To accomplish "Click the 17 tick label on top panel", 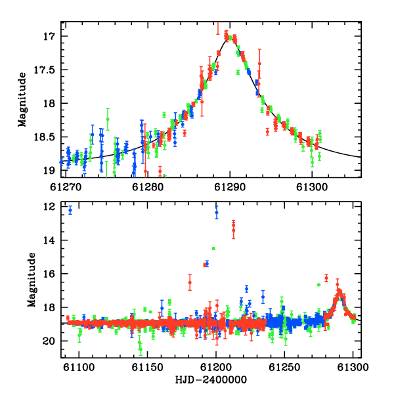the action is point(49,36).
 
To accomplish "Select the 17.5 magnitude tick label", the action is point(44,70).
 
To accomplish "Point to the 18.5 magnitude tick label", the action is point(44,137).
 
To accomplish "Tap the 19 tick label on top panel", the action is point(49,171).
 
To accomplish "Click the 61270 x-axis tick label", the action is point(66,187).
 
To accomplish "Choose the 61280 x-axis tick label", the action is point(148,187).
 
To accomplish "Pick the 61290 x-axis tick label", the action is point(230,187).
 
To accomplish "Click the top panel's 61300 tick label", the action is point(312,187).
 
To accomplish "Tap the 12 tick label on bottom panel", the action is point(49,207).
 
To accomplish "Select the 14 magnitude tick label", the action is point(49,240).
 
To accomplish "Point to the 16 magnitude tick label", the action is point(49,274).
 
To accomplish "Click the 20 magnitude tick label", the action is point(49,341).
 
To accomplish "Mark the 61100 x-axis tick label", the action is point(79,367).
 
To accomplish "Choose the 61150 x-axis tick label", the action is point(148,367).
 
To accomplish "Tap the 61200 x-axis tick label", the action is point(216,367).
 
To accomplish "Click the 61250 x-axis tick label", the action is point(284,367).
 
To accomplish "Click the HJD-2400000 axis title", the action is point(211,380).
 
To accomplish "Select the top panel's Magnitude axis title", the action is point(22,100).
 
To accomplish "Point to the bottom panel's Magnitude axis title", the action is point(32,280).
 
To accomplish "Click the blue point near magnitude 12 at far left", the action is point(70,210).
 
